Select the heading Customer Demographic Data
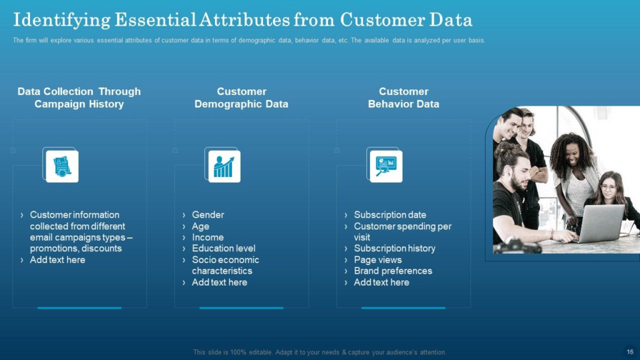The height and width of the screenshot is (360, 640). click(x=241, y=97)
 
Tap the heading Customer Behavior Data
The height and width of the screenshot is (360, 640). click(x=403, y=97)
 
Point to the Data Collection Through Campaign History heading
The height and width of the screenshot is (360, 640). click(x=79, y=97)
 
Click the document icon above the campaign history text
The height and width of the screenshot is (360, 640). click(x=62, y=166)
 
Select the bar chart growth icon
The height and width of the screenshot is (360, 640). click(x=224, y=166)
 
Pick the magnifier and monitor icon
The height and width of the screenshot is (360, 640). click(x=386, y=166)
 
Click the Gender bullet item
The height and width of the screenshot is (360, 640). click(x=207, y=215)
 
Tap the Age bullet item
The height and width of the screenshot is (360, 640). click(x=201, y=226)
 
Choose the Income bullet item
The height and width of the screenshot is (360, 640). click(x=207, y=237)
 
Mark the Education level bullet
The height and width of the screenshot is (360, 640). click(x=224, y=248)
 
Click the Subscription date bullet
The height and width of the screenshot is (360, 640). click(x=390, y=215)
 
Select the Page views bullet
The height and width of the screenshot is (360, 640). click(x=377, y=259)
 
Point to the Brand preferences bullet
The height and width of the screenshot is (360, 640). click(x=392, y=271)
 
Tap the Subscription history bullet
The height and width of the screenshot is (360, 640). click(x=394, y=248)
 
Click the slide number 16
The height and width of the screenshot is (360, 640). click(x=630, y=352)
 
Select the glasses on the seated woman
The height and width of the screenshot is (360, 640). click(x=608, y=187)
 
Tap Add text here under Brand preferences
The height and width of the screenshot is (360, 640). click(x=381, y=282)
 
